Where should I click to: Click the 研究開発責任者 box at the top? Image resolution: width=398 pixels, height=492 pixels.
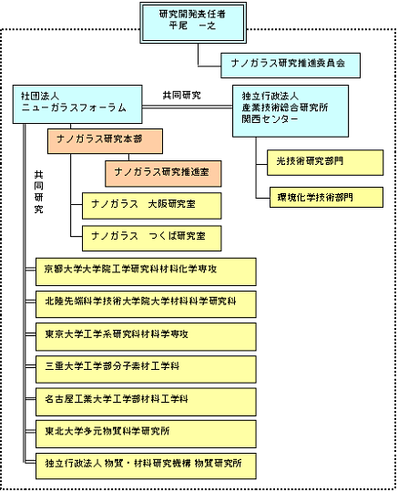193,23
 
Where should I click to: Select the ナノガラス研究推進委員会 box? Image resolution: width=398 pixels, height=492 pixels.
291,66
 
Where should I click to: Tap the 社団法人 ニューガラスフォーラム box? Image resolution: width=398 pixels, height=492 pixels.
77,104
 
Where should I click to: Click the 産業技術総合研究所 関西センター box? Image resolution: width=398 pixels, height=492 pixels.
291,111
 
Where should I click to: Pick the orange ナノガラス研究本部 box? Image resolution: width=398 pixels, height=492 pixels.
105,141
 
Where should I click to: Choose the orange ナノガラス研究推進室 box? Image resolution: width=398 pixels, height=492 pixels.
163,173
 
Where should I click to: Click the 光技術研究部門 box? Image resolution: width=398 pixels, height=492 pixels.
325,162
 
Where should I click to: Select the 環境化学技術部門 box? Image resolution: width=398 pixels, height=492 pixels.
326,197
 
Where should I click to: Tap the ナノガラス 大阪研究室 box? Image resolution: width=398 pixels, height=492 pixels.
151,206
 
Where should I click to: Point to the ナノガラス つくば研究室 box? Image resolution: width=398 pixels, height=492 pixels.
151,238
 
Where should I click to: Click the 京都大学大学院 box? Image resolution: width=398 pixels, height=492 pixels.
146,272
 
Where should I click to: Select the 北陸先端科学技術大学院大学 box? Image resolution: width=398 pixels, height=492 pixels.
146,304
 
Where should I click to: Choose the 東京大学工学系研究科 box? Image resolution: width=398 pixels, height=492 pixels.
146,337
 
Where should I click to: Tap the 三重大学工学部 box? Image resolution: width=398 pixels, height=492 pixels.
146,369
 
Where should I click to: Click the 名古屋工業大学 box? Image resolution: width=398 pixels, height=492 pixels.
146,402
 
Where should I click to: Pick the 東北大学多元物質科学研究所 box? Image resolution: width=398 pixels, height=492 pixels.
146,434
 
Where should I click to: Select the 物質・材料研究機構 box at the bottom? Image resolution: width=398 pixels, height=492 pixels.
146,466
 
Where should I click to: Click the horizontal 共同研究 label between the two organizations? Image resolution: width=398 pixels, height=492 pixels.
181,95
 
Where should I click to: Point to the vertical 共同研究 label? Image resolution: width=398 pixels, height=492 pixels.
38,192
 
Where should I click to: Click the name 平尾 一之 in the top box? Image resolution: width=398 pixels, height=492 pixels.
192,26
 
